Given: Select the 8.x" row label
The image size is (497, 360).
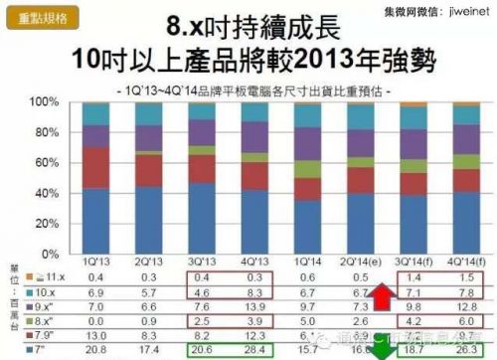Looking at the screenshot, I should coord(50,321).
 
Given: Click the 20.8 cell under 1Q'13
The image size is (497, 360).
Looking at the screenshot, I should coord(96,353).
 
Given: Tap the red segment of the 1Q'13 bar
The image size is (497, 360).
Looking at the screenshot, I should coord(96,167).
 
